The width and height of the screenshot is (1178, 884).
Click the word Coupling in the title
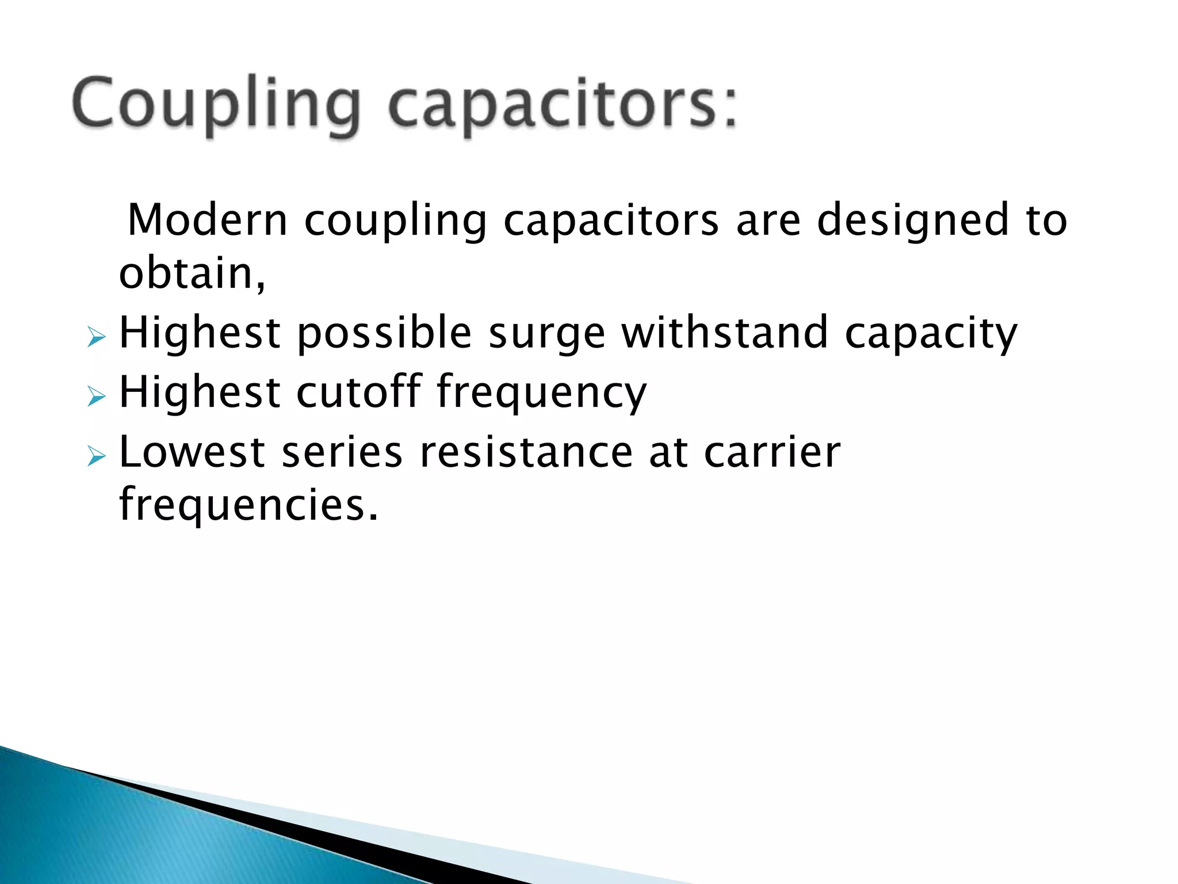(216, 106)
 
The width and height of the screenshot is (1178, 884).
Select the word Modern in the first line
(207, 220)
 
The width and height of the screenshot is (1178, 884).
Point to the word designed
(913, 220)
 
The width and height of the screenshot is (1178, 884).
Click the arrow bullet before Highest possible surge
(97, 337)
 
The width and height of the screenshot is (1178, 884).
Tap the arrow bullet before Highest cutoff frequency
(97, 397)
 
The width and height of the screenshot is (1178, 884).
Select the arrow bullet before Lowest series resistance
(97, 457)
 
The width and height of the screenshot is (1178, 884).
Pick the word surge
(547, 334)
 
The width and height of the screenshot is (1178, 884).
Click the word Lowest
(192, 452)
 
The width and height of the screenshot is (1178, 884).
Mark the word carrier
(772, 452)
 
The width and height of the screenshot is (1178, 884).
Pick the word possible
(384, 334)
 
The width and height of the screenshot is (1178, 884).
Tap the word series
(342, 452)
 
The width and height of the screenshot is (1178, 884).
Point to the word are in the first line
(768, 221)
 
